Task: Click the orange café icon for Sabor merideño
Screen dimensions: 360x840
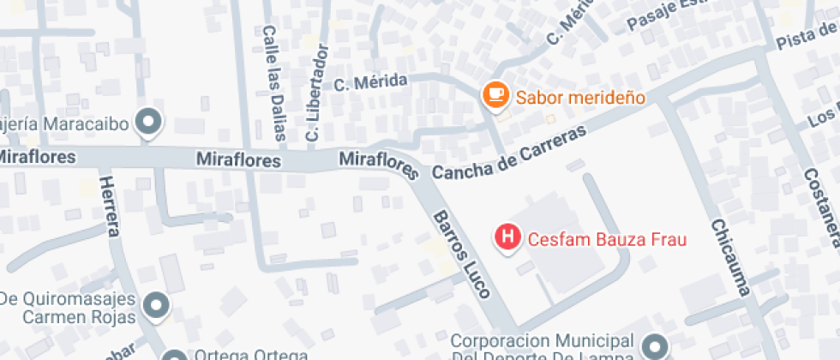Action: (x=495, y=95)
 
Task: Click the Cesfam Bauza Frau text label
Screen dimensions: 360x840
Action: (x=607, y=239)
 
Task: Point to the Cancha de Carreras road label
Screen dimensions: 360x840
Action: (x=509, y=154)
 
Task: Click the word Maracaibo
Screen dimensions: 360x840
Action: (x=82, y=124)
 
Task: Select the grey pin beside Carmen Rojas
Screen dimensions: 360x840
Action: (x=155, y=305)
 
